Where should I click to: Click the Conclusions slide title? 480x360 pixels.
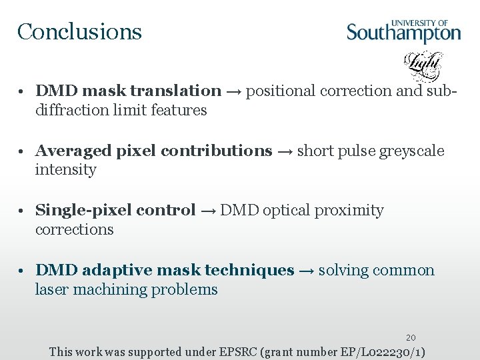click(79, 31)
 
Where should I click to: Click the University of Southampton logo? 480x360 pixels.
click(403, 31)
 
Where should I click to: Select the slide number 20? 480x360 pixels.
click(411, 338)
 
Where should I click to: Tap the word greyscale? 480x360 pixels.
click(411, 151)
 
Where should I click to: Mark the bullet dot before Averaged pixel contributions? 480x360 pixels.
click(23, 151)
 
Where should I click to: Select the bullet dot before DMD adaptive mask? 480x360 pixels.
click(23, 271)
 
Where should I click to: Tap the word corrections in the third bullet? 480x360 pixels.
click(75, 229)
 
